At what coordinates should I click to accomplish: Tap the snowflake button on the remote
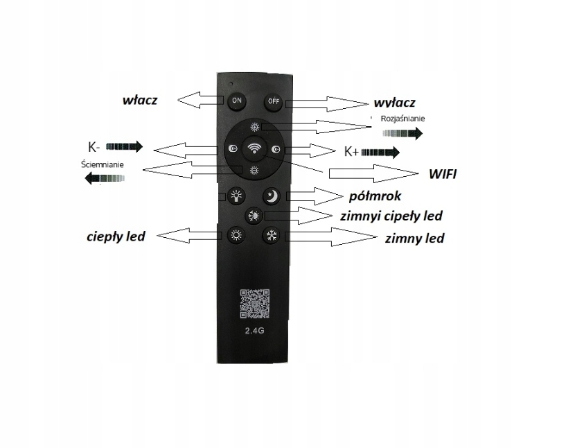[x=271, y=235]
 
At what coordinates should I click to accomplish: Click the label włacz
[x=140, y=100]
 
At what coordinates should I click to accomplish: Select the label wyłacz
[x=393, y=103]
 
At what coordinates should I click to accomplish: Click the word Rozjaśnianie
[x=402, y=118]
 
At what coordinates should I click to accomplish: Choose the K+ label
[x=351, y=151]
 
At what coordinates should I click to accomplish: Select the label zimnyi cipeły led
[x=391, y=216]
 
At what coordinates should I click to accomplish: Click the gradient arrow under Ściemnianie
[x=103, y=179]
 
